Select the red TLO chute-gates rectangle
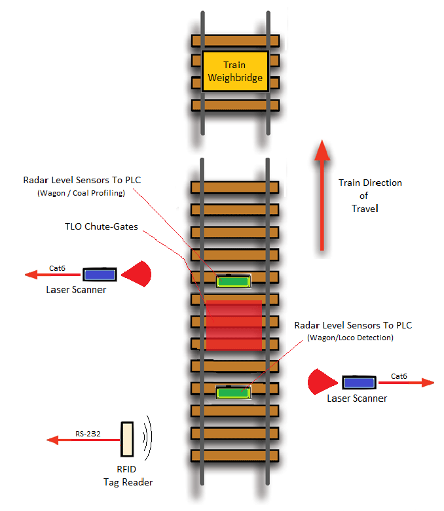(x=234, y=325)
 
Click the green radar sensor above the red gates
(x=234, y=281)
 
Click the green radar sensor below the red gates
(x=234, y=393)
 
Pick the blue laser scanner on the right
(x=358, y=382)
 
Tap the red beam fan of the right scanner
(x=321, y=382)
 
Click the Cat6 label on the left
(x=58, y=268)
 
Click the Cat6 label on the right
(x=401, y=376)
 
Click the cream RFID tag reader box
(x=127, y=438)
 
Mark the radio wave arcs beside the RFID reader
(x=149, y=438)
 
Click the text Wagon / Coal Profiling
(x=81, y=193)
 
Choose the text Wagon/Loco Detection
(x=351, y=338)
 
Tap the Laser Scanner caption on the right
(x=357, y=398)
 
